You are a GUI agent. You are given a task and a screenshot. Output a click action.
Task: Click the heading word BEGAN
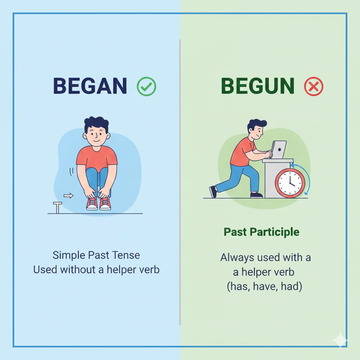tap(90, 86)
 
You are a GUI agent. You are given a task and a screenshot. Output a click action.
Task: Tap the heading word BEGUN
tap(258, 86)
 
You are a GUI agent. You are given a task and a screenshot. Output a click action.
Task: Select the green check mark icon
tap(146, 86)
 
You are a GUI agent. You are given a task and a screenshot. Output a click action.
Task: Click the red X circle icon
tap(313, 86)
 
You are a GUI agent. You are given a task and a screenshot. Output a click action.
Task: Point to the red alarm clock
tap(290, 183)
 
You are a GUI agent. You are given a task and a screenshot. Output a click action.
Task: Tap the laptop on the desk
tap(279, 150)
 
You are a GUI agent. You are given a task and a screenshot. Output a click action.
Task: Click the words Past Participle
tap(262, 232)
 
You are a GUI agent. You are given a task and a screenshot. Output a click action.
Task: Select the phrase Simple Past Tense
tap(96, 255)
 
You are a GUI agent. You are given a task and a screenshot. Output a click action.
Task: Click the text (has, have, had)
tap(264, 287)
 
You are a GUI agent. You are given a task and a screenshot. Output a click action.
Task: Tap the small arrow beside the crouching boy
tap(69, 196)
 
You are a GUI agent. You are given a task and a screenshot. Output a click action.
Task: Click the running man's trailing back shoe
tap(213, 192)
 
